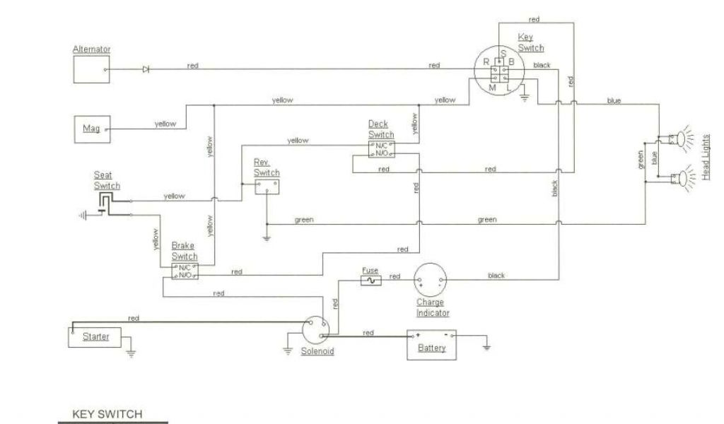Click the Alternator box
pyautogui.click(x=92, y=70)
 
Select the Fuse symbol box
pyautogui.click(x=371, y=281)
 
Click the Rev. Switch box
pyautogui.click(x=267, y=186)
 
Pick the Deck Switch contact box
pyautogui.click(x=381, y=148)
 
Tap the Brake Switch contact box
pyautogui.click(x=185, y=271)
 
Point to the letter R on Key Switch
pyautogui.click(x=486, y=62)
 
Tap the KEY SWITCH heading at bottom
pyautogui.click(x=107, y=414)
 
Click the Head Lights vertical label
pyautogui.click(x=706, y=157)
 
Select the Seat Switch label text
pyautogui.click(x=107, y=180)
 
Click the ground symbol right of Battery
pyautogui.click(x=486, y=347)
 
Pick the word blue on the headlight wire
pyautogui.click(x=614, y=101)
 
